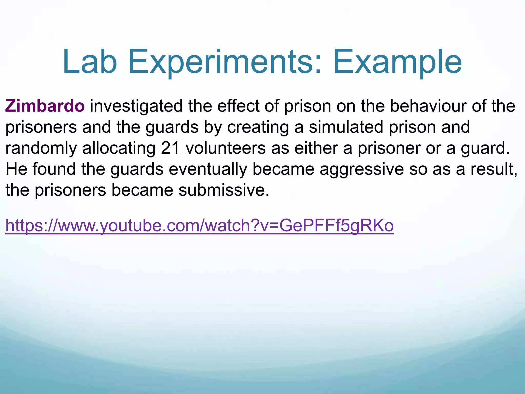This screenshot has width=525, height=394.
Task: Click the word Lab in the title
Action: point(90,62)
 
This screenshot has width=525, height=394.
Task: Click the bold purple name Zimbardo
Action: point(45,106)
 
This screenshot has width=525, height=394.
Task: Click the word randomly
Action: point(41,149)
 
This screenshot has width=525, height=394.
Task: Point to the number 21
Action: point(170,148)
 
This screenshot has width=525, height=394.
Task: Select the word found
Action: point(54,169)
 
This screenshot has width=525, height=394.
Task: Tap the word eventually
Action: point(208,170)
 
